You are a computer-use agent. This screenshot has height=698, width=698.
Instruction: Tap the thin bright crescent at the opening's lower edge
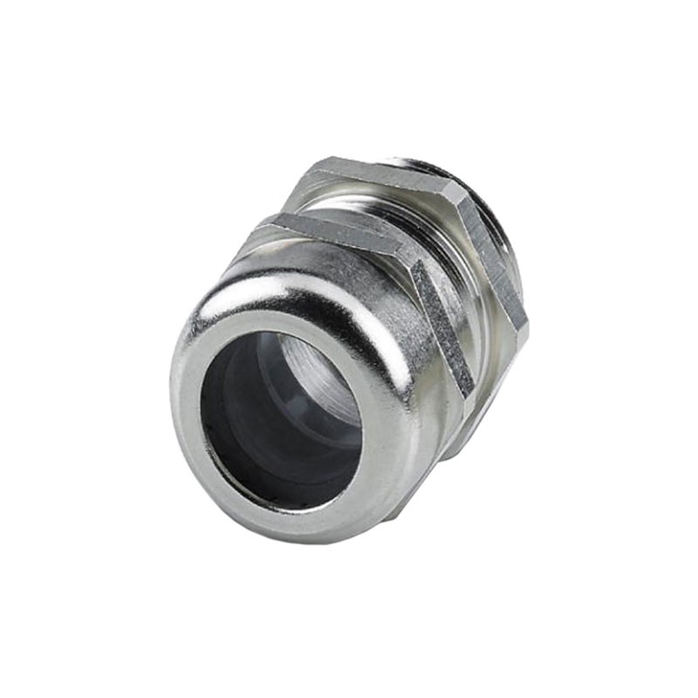pos(288,504)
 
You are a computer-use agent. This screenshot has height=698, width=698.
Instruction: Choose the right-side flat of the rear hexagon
pos(494,262)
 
